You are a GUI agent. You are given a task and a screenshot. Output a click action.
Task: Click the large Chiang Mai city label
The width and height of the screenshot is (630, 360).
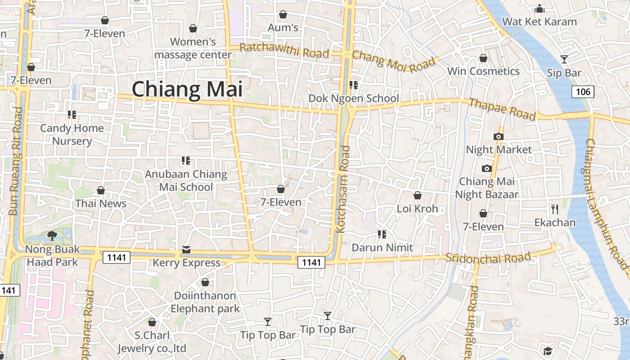tap(187, 89)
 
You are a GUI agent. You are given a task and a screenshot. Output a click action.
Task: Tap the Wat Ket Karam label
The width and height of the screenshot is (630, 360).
tap(539, 22)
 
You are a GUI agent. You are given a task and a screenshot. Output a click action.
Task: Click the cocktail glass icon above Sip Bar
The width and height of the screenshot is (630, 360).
tap(564, 59)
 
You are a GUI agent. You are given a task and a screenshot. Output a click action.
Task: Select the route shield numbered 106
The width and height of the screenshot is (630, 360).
tap(583, 92)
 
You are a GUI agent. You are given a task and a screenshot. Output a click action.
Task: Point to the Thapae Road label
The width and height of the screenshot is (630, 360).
tap(502, 109)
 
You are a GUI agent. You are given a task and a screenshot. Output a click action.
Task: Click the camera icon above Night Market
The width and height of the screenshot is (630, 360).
tap(498, 136)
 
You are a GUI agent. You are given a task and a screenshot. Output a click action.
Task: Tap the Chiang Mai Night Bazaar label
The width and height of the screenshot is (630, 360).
tap(486, 188)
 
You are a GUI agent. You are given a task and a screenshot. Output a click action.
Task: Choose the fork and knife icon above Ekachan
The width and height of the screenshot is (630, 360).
tap(555, 209)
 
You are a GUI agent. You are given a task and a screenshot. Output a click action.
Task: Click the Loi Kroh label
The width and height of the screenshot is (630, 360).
tap(417, 209)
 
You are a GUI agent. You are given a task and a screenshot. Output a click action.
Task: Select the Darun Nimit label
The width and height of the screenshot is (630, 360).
tap(382, 247)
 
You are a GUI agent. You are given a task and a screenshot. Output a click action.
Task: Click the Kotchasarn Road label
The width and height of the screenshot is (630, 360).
tap(343, 189)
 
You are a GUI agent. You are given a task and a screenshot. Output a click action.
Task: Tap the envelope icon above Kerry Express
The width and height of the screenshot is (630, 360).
tap(186, 250)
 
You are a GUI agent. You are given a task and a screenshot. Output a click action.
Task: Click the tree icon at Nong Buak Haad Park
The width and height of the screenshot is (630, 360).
tap(52, 235)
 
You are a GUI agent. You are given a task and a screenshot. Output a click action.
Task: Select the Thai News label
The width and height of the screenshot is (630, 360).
tap(101, 203)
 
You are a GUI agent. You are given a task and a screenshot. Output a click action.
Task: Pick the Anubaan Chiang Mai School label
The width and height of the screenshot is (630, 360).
tap(186, 180)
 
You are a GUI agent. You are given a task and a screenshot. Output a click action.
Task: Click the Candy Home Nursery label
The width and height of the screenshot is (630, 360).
tap(72, 135)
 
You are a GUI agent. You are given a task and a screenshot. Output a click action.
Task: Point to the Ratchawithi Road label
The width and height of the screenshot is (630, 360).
tap(284, 50)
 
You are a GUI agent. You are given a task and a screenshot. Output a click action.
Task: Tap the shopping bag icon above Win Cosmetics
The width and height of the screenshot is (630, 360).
tap(483, 58)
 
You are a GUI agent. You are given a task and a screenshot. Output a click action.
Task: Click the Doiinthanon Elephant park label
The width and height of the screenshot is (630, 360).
tap(205, 302)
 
